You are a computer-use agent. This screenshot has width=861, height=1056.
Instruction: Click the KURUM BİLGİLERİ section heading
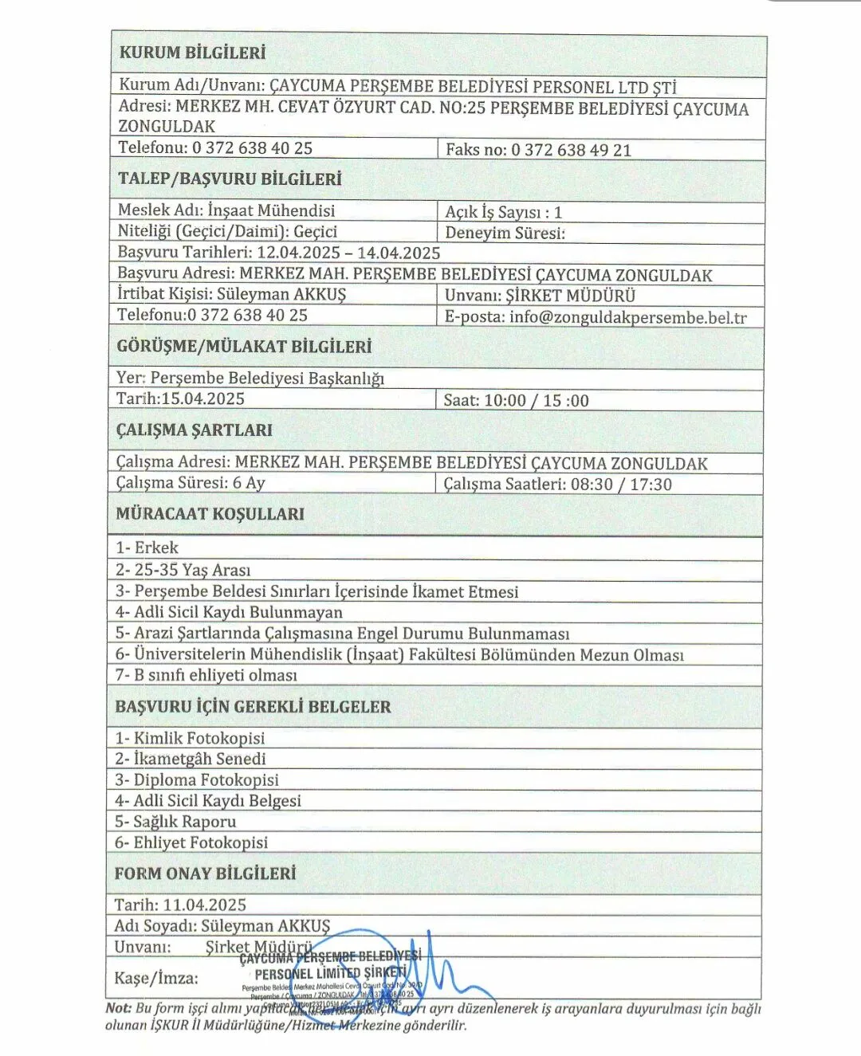pos(192,53)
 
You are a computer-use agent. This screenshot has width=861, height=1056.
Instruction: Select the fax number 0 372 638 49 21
pos(571,150)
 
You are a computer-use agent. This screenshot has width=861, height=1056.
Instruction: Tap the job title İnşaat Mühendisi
pos(271,210)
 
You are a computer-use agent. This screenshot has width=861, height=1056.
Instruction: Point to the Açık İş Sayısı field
pos(503,212)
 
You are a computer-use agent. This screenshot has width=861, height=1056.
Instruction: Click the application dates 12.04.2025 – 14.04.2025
pos(348,253)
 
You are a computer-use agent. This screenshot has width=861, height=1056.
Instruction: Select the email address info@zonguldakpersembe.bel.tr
pos(628,317)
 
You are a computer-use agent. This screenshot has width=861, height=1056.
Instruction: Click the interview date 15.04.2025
pos(203,398)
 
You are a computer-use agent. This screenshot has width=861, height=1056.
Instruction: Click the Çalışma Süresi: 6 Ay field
pos(191,483)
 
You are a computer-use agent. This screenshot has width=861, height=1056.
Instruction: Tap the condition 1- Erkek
pos(147,548)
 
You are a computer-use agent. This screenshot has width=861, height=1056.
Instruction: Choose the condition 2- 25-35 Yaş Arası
pos(183,570)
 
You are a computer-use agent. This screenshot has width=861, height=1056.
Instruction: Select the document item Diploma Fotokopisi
pos(197,779)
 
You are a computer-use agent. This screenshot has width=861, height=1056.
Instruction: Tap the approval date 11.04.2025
pos(205,905)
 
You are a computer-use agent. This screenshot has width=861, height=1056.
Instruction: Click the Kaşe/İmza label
pos(156,978)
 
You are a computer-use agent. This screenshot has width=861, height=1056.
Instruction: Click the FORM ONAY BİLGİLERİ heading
pos(205,873)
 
